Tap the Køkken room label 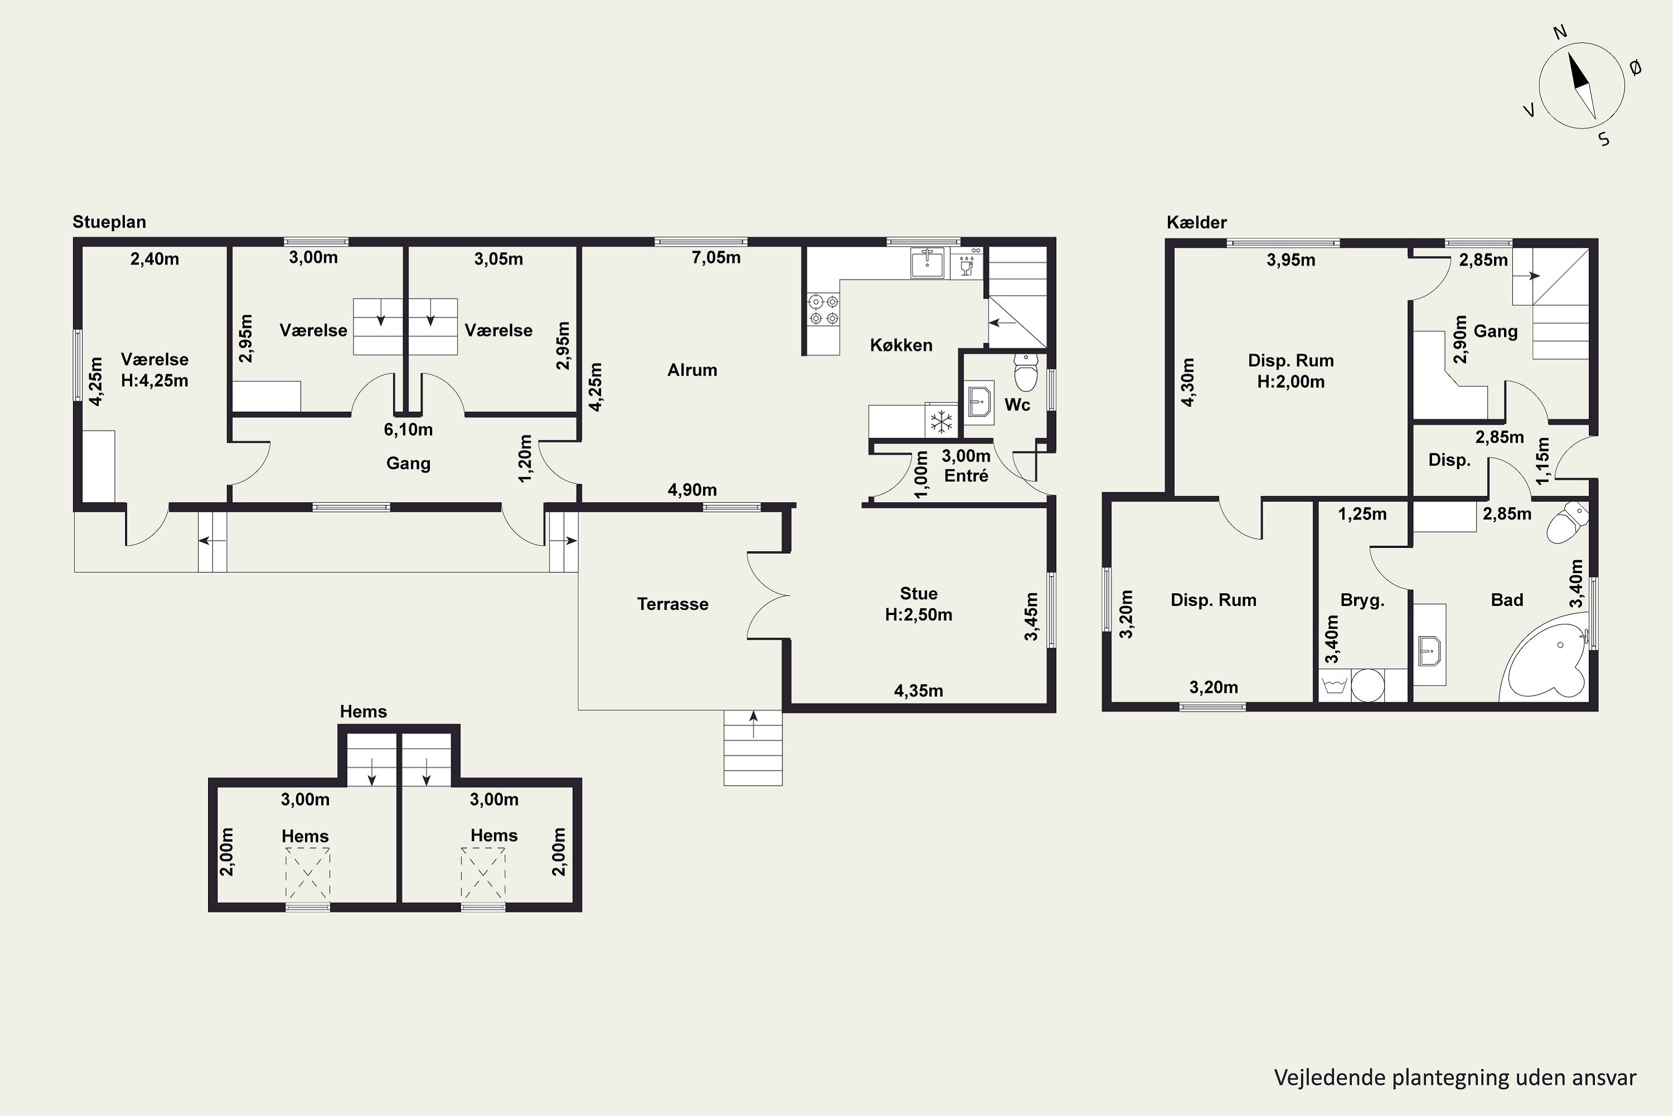coord(901,345)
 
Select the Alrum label coord(692,370)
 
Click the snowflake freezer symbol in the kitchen coord(942,421)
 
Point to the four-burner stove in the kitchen coord(824,310)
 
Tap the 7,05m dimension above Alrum coord(715,258)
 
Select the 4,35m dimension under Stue coord(918,690)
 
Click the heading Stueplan coord(109,222)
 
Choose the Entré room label coord(966,476)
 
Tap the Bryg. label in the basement coord(1362,600)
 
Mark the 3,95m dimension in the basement coord(1290,260)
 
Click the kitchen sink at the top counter coord(927,263)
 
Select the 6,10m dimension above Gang coord(408,429)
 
